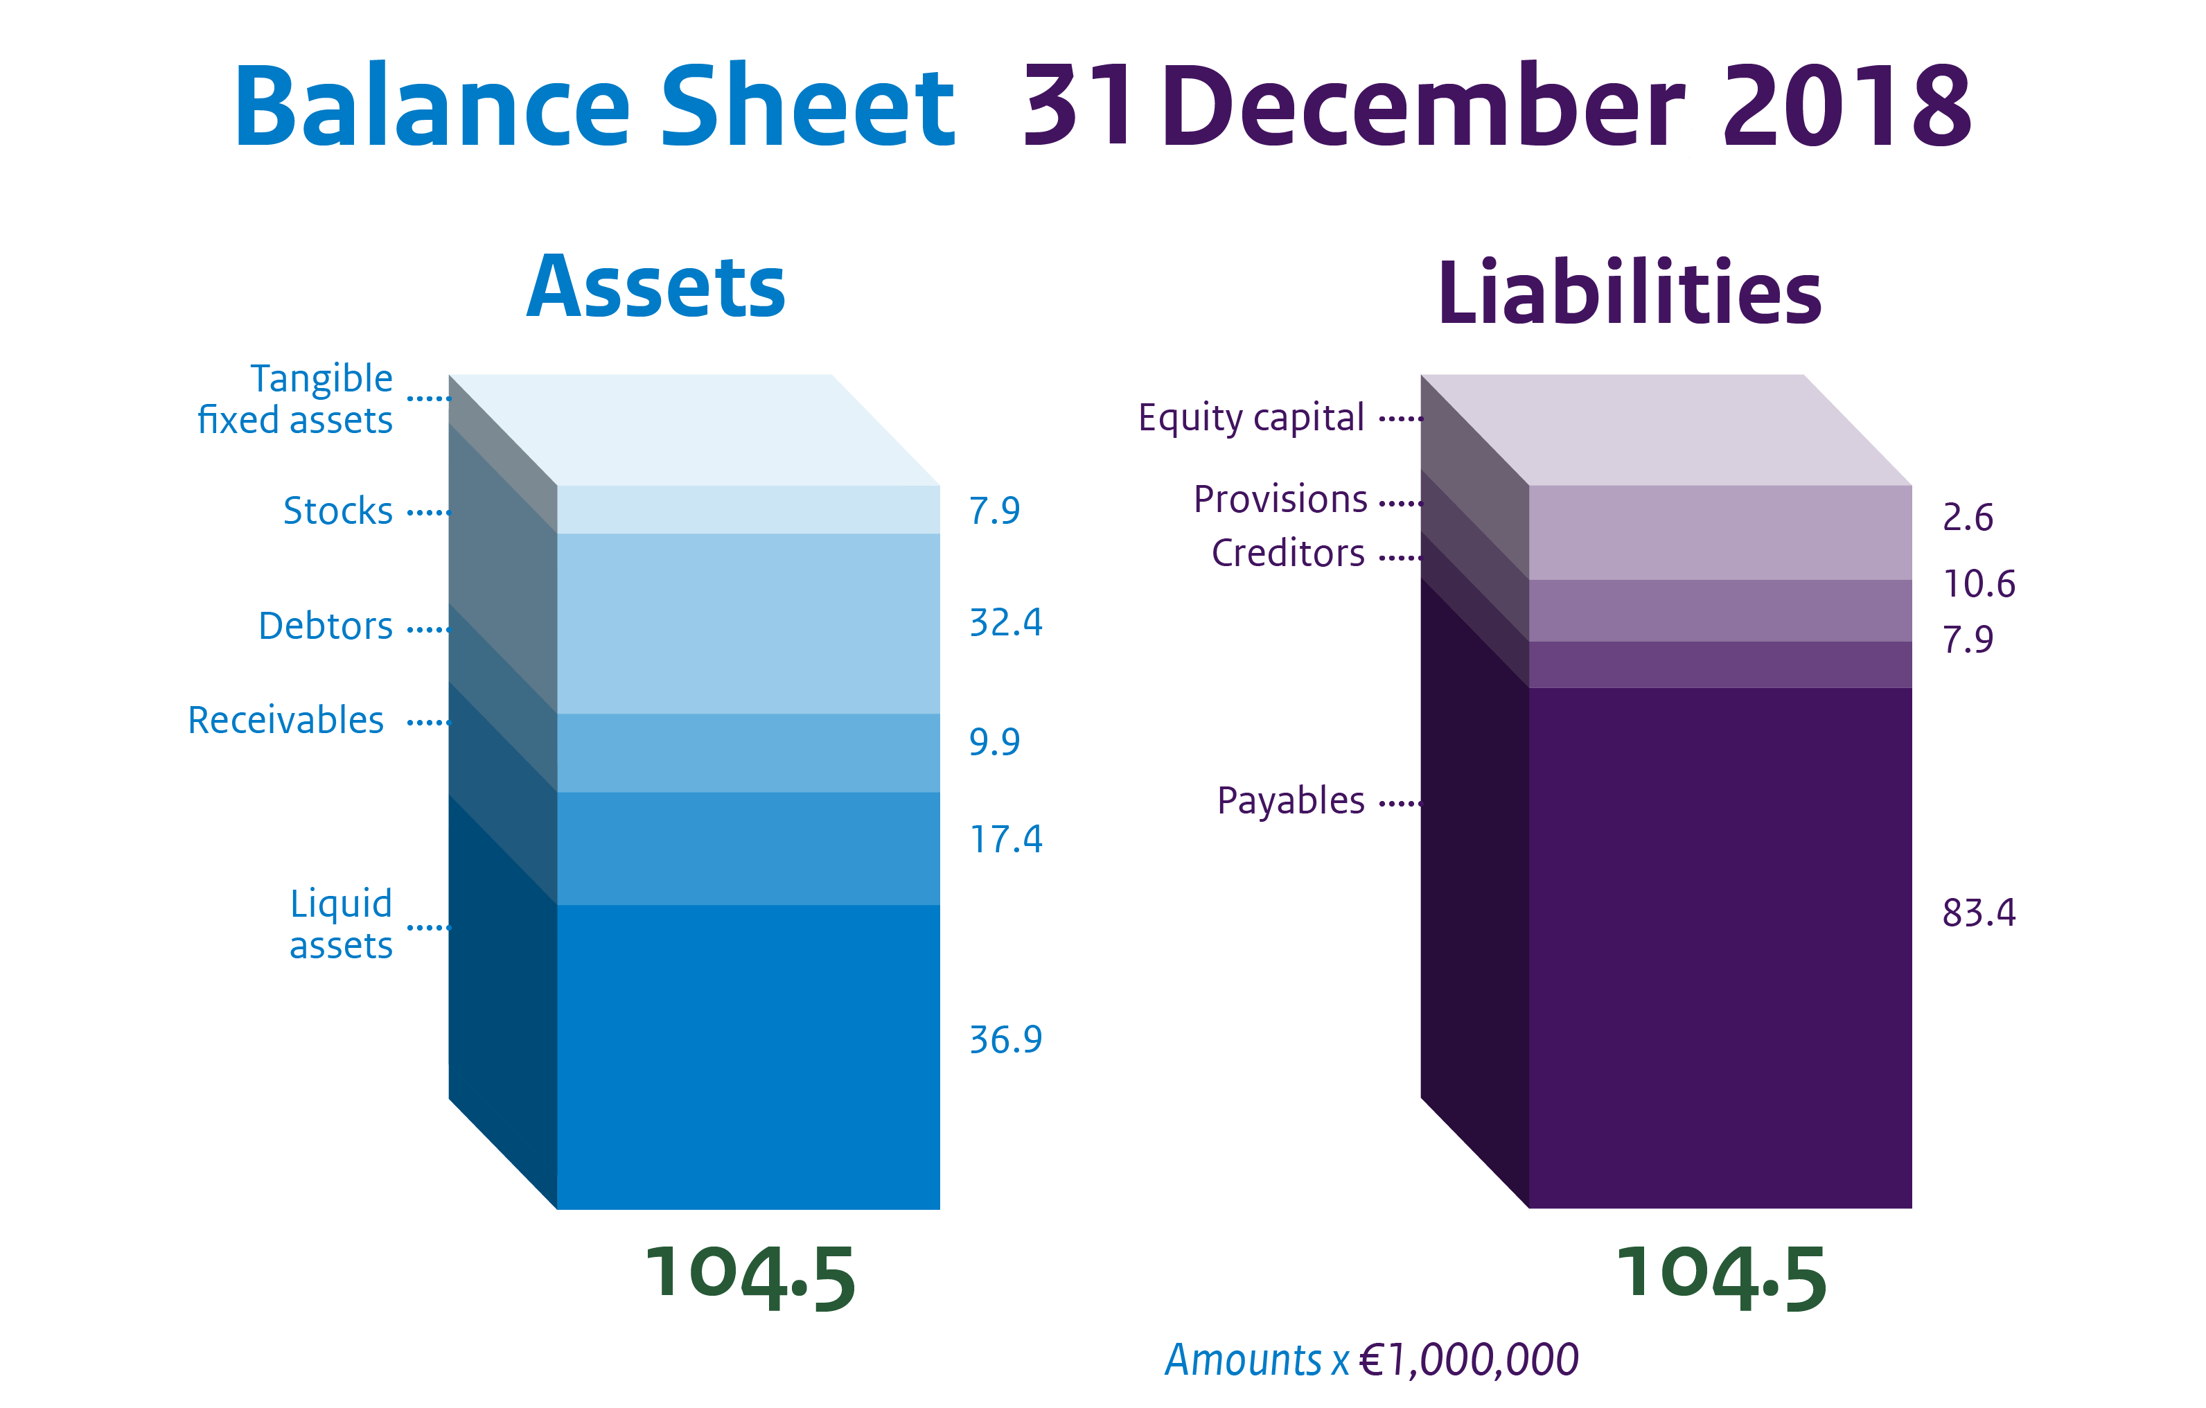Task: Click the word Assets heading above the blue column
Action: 656,288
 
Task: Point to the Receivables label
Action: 286,721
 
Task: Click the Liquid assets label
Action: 341,924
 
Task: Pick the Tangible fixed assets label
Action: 295,399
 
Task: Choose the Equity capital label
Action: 1251,419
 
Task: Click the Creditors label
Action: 1288,554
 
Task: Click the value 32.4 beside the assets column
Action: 1006,623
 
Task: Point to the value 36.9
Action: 1006,1040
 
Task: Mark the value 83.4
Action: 1979,913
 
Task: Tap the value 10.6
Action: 1979,584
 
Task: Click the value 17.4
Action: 1006,840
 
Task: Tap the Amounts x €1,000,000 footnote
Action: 1371,1360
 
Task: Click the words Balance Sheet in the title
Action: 594,106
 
